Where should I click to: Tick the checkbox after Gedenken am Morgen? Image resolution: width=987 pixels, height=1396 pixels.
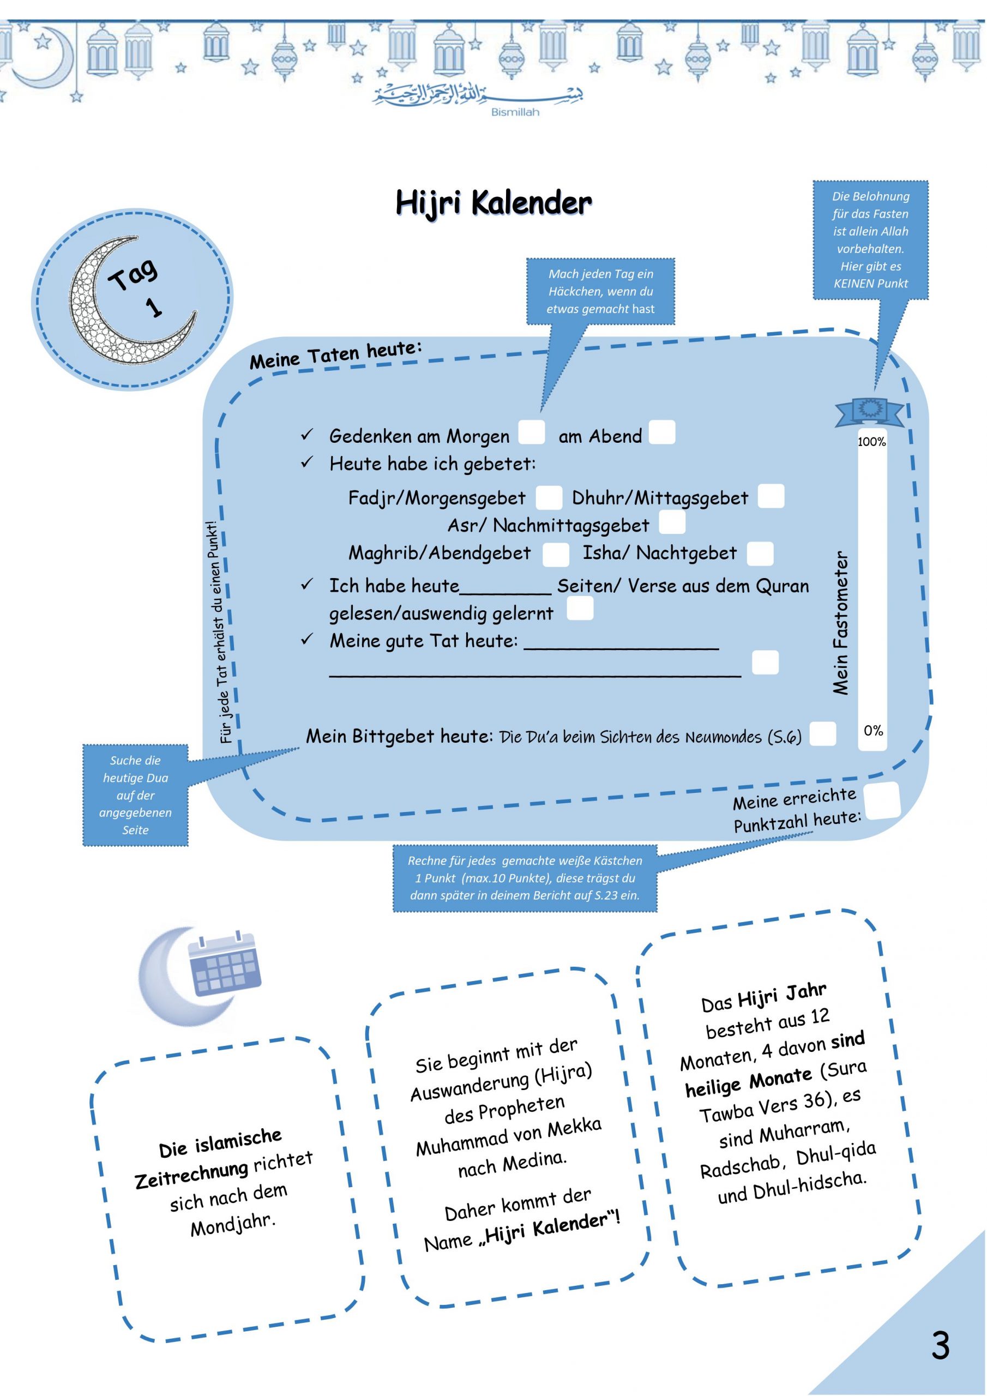(x=531, y=432)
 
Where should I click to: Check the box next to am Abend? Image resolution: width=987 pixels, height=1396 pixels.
(x=661, y=432)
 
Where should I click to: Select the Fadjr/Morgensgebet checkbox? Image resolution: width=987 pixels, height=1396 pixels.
(x=548, y=497)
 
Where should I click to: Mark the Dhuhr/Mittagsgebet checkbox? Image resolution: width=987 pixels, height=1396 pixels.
(x=771, y=496)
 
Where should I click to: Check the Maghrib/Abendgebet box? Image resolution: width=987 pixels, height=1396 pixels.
(x=555, y=554)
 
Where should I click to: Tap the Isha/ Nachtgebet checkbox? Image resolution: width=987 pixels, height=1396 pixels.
(x=760, y=553)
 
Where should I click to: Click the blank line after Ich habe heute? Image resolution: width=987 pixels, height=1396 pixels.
(x=505, y=587)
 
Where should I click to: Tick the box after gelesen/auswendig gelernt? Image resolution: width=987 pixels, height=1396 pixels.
(x=580, y=609)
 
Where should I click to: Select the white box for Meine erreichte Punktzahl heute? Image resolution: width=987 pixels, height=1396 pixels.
(x=881, y=801)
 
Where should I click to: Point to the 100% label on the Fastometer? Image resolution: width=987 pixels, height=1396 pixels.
(x=871, y=442)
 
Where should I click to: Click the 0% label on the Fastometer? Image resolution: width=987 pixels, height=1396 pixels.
(x=873, y=730)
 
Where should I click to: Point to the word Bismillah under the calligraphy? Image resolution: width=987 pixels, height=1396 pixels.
(x=515, y=112)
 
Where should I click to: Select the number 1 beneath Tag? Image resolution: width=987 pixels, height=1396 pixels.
(x=154, y=307)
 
